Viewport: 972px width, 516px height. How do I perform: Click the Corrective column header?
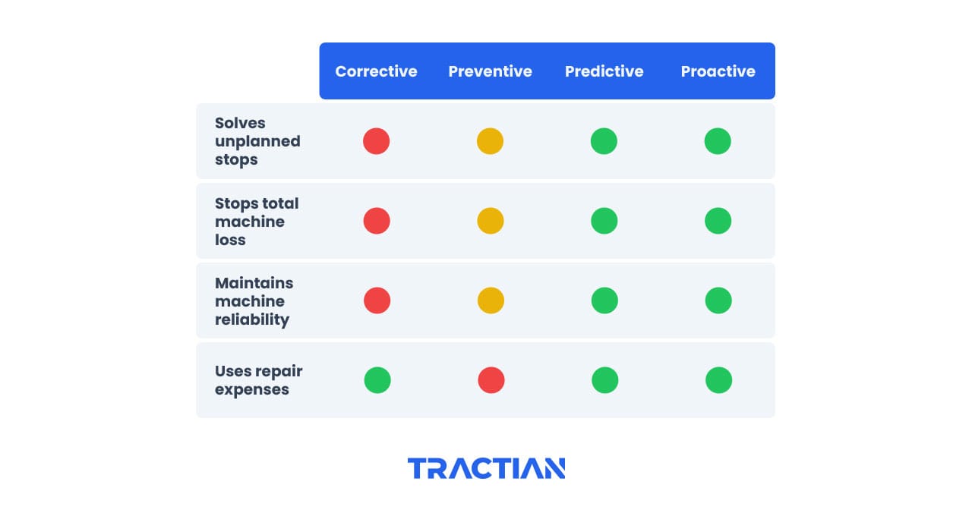pyautogui.click(x=376, y=71)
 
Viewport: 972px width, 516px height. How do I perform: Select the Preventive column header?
pyautogui.click(x=490, y=71)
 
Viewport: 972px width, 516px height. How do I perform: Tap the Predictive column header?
pyautogui.click(x=604, y=71)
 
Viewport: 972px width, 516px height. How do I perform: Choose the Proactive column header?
pyautogui.click(x=718, y=71)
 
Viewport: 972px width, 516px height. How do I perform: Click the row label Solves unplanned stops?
pyautogui.click(x=257, y=141)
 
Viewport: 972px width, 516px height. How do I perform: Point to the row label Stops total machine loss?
pyautogui.click(x=257, y=222)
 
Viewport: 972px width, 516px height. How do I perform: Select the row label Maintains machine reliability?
pyautogui.click(x=254, y=301)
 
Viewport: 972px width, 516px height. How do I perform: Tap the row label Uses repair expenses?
pyautogui.click(x=258, y=380)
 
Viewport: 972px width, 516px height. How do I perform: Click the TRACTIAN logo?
pyautogui.click(x=486, y=468)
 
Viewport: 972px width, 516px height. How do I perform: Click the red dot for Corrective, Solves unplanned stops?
pyautogui.click(x=376, y=141)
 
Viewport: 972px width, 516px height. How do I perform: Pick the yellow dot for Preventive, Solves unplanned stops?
pyautogui.click(x=490, y=141)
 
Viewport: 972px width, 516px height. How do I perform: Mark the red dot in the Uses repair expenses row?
pyautogui.click(x=491, y=380)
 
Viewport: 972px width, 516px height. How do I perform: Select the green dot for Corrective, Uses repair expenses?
pyautogui.click(x=377, y=380)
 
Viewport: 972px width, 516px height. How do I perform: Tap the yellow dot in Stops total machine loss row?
pyautogui.click(x=490, y=221)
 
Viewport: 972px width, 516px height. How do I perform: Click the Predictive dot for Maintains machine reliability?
pyautogui.click(x=604, y=300)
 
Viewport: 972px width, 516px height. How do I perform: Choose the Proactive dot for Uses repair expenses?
pyautogui.click(x=718, y=380)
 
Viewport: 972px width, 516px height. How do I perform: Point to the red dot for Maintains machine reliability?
pyautogui.click(x=377, y=300)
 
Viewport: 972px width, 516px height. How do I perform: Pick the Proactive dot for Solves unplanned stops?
pyautogui.click(x=718, y=141)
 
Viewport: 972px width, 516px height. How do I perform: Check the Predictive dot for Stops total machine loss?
pyautogui.click(x=604, y=221)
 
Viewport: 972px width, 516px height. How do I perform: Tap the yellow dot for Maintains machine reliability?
pyautogui.click(x=491, y=300)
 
